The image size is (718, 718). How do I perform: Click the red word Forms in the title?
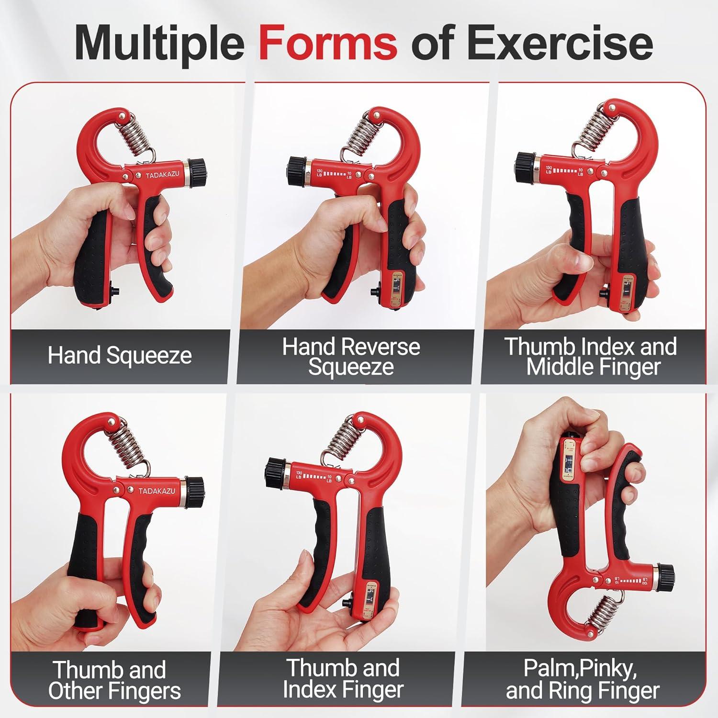[328, 44]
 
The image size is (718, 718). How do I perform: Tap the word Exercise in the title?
[560, 44]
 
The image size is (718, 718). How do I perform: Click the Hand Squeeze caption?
[120, 356]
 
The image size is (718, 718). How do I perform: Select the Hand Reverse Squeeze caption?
[351, 357]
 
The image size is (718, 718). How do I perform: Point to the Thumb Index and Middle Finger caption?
[591, 357]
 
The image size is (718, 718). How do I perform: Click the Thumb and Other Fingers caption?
[114, 680]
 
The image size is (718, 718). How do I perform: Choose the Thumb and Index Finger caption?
[343, 679]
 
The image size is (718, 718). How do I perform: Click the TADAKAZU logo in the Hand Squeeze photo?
[162, 175]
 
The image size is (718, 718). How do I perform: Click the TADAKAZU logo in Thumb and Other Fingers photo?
[157, 491]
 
